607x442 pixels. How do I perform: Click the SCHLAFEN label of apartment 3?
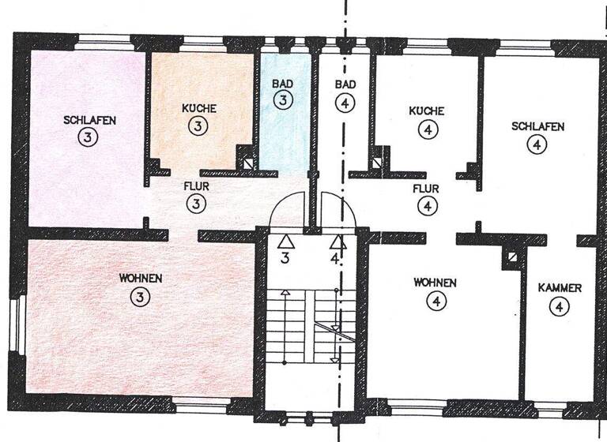(x=90, y=121)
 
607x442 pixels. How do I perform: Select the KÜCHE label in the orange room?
(x=198, y=108)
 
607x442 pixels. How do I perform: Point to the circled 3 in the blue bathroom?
(x=283, y=99)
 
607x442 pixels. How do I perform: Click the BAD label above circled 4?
(x=345, y=84)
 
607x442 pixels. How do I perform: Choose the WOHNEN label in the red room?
(x=141, y=279)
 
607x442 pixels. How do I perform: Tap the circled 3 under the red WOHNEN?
(x=140, y=297)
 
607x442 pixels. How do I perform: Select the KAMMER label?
(x=560, y=289)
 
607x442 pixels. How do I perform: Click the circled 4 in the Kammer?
(x=559, y=307)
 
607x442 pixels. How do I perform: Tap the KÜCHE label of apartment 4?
(x=426, y=112)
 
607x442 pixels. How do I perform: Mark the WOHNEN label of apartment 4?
(x=434, y=283)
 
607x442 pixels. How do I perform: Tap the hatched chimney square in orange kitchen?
(x=249, y=164)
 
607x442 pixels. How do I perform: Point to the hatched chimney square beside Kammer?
(x=512, y=257)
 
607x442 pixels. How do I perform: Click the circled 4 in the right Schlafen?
(x=537, y=144)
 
